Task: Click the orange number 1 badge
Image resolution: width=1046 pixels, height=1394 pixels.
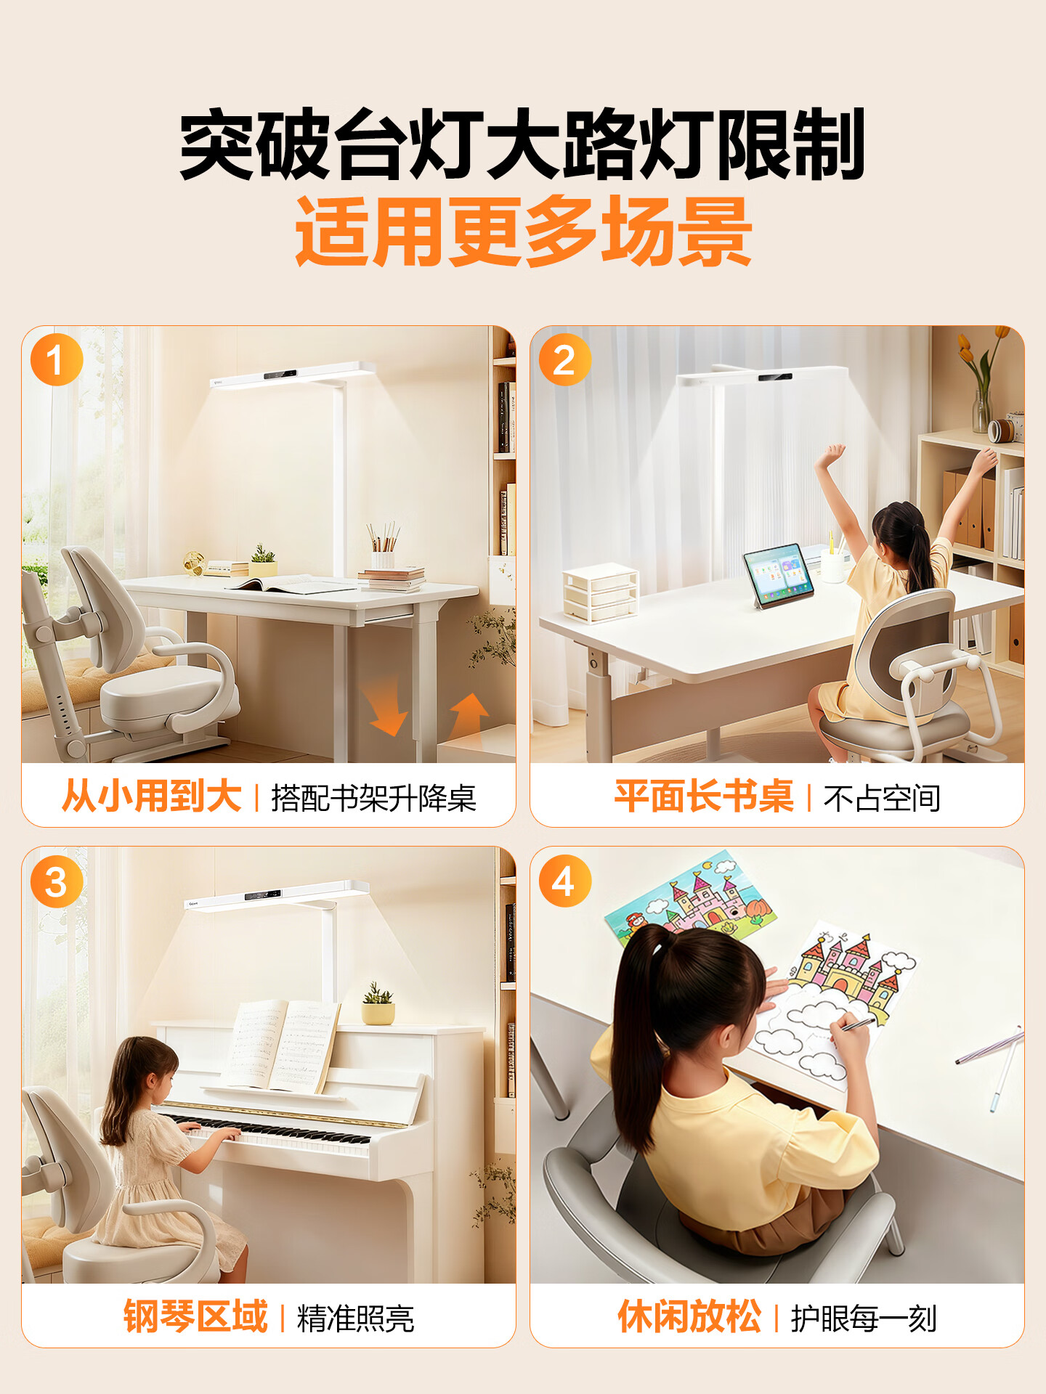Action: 57,360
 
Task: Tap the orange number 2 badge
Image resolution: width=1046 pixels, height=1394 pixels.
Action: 564,360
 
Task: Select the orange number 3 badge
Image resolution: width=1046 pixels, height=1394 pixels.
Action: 57,881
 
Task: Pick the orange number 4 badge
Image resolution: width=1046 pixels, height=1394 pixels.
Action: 564,881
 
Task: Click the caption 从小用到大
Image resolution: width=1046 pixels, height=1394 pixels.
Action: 152,796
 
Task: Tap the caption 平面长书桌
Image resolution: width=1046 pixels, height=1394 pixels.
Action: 704,796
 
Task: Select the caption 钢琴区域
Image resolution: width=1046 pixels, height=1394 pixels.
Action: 195,1317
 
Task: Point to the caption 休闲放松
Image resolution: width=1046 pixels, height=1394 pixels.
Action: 689,1317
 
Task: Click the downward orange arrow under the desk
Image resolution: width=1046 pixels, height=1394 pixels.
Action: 388,706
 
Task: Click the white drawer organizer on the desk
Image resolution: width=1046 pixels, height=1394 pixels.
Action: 600,593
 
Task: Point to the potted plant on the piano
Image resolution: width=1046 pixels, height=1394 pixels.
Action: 378,1003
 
